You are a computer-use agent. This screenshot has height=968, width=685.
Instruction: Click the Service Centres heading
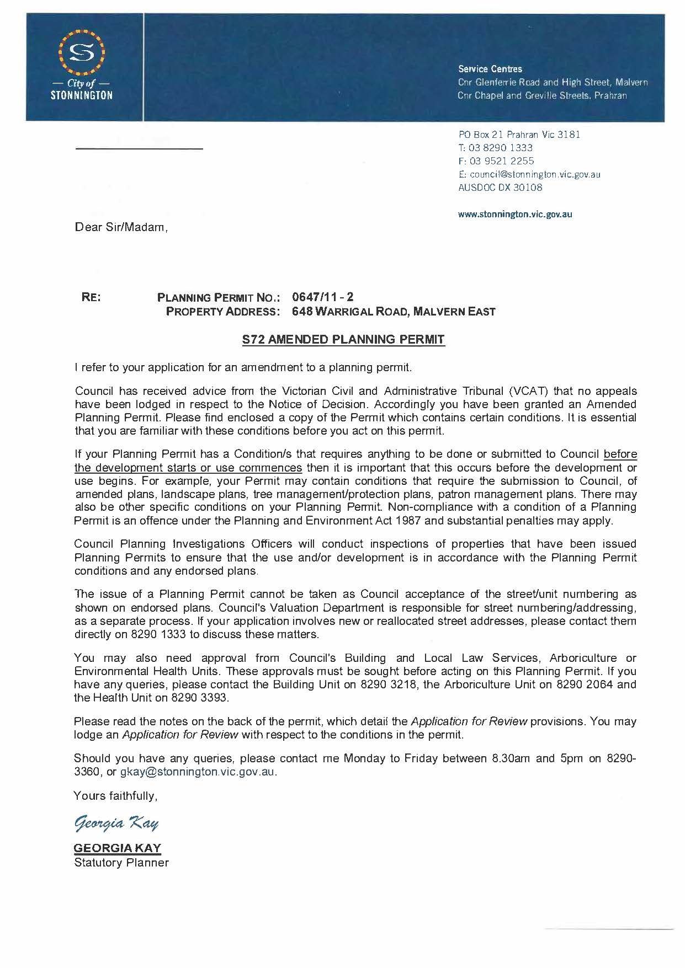490,69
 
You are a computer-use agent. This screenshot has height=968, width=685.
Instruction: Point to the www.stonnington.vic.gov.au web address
515,214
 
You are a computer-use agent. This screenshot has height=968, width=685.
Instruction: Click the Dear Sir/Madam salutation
121,227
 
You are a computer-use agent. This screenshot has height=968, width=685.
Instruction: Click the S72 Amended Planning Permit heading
343,340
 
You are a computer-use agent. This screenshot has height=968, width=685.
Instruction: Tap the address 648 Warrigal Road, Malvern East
394,312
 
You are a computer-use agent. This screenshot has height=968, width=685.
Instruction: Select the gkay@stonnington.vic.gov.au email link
198,772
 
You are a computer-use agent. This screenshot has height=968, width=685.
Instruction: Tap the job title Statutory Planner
121,863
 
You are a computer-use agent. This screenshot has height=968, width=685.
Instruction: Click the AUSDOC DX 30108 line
500,188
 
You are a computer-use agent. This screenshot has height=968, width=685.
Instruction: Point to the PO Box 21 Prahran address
519,135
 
